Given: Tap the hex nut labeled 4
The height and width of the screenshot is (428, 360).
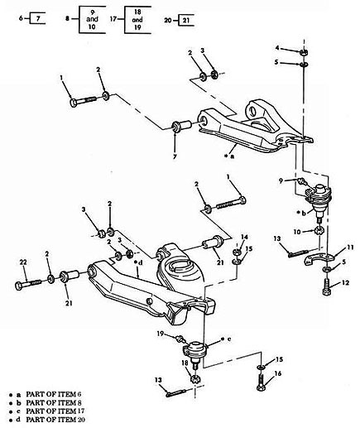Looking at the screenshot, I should [x=305, y=50].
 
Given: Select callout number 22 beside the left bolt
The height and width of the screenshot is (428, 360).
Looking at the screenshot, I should [x=22, y=262].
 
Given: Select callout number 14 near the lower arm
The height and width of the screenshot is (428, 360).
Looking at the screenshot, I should [x=243, y=237].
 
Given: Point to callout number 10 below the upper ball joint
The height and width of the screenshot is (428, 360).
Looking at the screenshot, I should [x=295, y=231].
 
